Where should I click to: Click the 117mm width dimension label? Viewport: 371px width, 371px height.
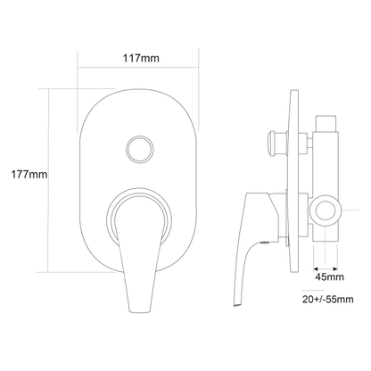(x=141, y=58)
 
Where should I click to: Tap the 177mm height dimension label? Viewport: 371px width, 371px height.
(x=29, y=174)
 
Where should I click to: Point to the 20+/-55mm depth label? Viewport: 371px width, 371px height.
(x=328, y=299)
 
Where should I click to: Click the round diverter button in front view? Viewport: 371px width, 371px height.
(x=140, y=149)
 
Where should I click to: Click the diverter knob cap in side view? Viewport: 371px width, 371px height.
(x=271, y=143)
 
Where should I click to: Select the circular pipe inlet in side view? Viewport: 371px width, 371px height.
(x=326, y=210)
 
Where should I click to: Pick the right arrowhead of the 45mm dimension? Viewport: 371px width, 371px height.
(x=335, y=269)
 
